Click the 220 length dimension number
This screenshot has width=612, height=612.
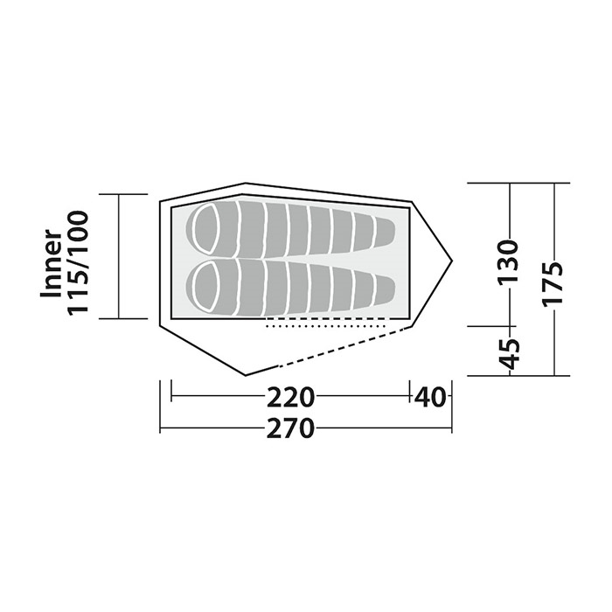(x=290, y=397)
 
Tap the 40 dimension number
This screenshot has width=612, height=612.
(x=430, y=397)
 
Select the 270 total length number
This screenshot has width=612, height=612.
(x=290, y=429)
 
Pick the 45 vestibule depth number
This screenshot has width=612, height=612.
(x=510, y=354)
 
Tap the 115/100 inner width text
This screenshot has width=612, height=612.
(x=78, y=262)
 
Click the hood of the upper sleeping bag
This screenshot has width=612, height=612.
(x=208, y=229)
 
